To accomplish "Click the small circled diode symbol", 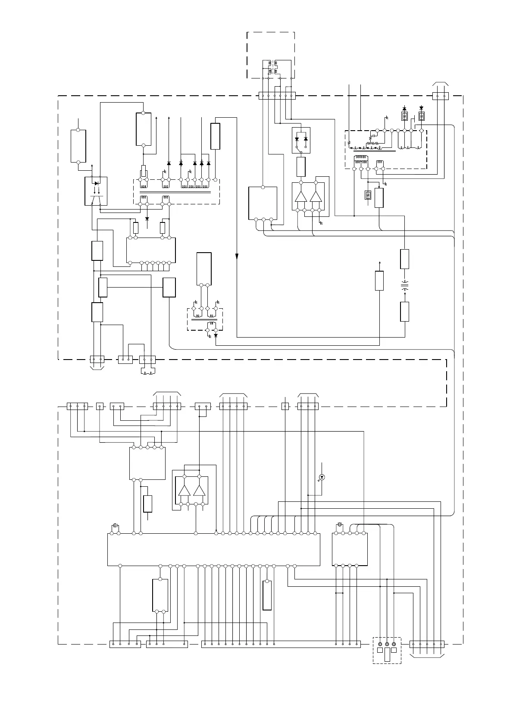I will pyautogui.click(x=321, y=477).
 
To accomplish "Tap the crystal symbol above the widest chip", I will pyautogui.click(x=115, y=526).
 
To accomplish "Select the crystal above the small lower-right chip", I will pyautogui.click(x=339, y=525).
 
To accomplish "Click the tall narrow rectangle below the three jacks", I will pyautogui.click(x=387, y=655).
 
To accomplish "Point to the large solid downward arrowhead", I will pyautogui.click(x=237, y=257).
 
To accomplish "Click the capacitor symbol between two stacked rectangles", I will pyautogui.click(x=404, y=284).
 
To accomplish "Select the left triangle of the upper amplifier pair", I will pyautogui.click(x=300, y=196).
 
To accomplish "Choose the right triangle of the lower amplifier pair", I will pyautogui.click(x=199, y=491).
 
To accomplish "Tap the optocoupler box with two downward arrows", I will pyautogui.click(x=96, y=191).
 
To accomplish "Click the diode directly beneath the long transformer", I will pyautogui.click(x=147, y=219).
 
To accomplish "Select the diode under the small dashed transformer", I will pyautogui.click(x=216, y=335).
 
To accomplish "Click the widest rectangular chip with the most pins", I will pyautogui.click(x=213, y=549).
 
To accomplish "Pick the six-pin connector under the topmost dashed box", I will pyautogui.click(x=277, y=96).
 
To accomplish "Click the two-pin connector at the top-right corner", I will pyautogui.click(x=440, y=96).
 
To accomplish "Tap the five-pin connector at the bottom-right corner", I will pyautogui.click(x=426, y=644).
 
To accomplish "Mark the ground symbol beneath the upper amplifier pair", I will pyautogui.click(x=321, y=223).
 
